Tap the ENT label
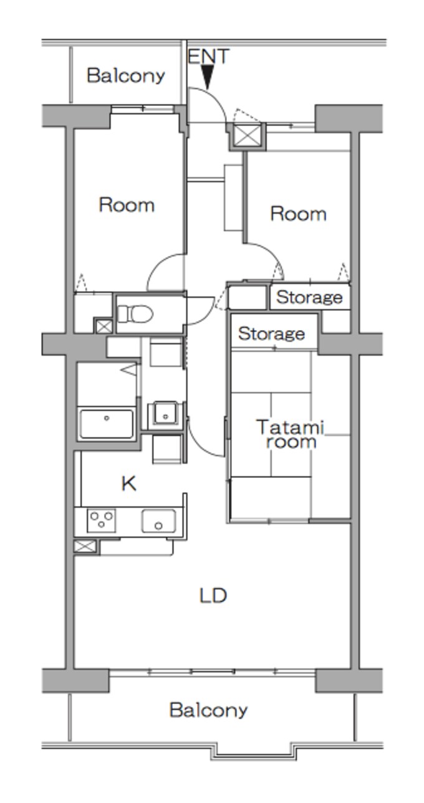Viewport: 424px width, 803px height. tap(208, 57)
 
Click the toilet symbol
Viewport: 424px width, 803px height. tap(135, 313)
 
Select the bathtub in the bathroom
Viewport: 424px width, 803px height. tap(106, 424)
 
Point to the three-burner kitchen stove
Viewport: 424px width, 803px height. tap(102, 520)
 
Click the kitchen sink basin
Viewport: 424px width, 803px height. tap(158, 521)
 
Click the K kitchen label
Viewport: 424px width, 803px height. tap(129, 484)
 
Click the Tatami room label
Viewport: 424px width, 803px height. tap(291, 434)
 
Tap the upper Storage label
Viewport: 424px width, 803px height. tap(309, 297)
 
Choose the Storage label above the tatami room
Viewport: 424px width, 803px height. tap(271, 334)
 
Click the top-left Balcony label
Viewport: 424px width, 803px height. tap(126, 75)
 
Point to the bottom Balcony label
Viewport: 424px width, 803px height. tap(208, 710)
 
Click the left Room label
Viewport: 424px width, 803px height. tap(127, 205)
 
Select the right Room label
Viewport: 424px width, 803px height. tap(298, 214)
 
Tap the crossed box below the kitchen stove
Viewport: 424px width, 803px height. tap(85, 546)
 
